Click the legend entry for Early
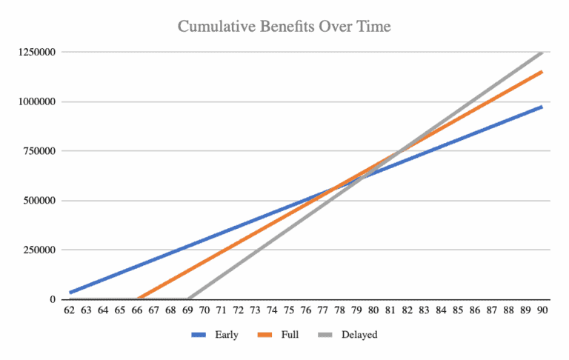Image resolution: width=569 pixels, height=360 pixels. [x=226, y=335]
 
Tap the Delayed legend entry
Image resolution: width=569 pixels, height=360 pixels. [x=359, y=335]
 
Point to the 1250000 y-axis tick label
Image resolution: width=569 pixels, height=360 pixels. [x=31, y=53]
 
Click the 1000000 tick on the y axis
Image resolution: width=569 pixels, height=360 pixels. [x=31, y=102]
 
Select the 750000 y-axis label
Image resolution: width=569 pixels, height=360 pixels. [x=34, y=151]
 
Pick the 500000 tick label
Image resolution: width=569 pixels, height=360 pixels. [x=34, y=201]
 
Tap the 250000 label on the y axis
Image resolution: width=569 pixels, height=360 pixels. [x=34, y=250]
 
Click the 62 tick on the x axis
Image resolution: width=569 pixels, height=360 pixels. [x=70, y=312]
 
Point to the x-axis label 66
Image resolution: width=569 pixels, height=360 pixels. [x=137, y=312]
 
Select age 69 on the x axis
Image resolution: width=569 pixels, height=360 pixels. [x=188, y=312]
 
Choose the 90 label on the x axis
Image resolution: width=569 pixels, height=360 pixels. [x=542, y=312]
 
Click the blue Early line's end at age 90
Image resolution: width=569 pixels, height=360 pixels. [x=542, y=107]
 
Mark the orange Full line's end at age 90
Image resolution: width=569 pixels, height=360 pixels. [x=542, y=72]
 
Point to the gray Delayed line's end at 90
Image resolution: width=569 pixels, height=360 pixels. [x=542, y=53]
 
